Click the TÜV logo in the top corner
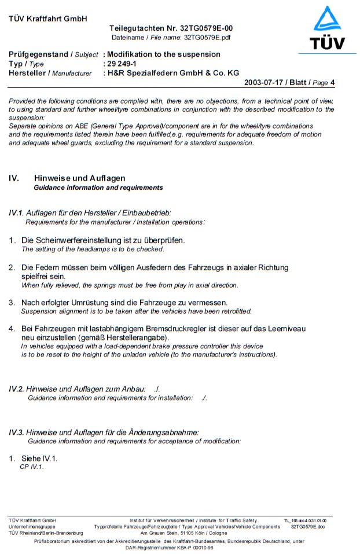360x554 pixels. pyautogui.click(x=328, y=29)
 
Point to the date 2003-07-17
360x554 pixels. pyautogui.click(x=268, y=83)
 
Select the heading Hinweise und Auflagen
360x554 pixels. pyautogui.click(x=80, y=178)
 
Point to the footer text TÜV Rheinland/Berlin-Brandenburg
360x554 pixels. pyautogui.click(x=46, y=533)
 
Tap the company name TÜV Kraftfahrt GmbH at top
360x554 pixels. pyautogui.click(x=48, y=19)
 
